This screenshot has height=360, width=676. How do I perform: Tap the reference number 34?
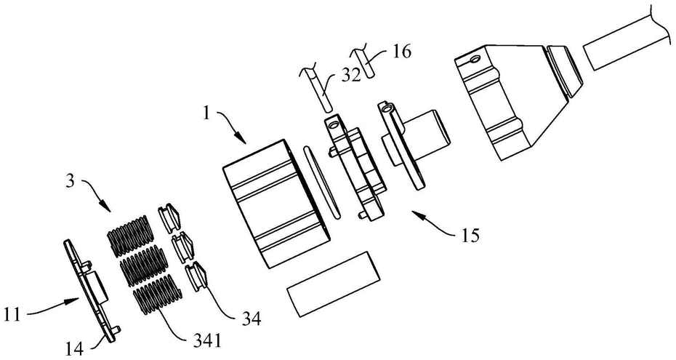click(252, 319)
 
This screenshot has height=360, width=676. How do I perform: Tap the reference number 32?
click(352, 76)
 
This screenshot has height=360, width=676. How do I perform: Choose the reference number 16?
click(402, 52)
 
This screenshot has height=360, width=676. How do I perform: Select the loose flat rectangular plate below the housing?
click(334, 284)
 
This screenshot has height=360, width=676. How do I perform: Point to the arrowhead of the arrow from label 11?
click(75, 300)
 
